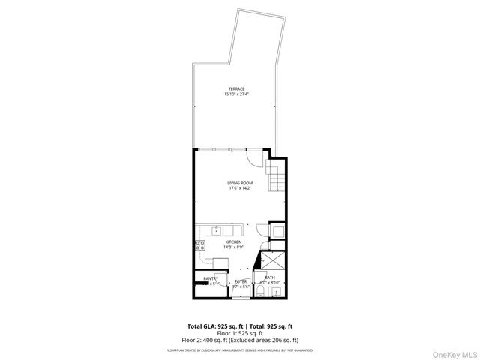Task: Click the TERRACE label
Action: coord(236,89)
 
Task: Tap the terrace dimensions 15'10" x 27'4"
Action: coord(236,94)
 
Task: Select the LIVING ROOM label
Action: coord(240,183)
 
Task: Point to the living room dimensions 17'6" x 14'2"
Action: coord(240,188)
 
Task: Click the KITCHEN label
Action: coord(233,241)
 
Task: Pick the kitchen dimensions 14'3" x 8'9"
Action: coord(233,247)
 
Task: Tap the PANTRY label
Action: coord(211,278)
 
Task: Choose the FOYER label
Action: coord(240,281)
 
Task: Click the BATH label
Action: coord(269,277)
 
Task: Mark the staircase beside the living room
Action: coord(277,181)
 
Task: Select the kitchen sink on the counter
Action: coord(216,229)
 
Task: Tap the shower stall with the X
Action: coord(271,262)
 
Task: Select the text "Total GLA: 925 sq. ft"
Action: coord(212,326)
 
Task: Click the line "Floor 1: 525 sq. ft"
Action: coord(239,333)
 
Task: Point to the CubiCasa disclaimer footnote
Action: coord(240,349)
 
